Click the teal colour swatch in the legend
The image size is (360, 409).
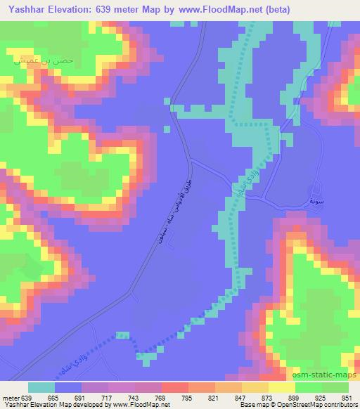click(x=41, y=387)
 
